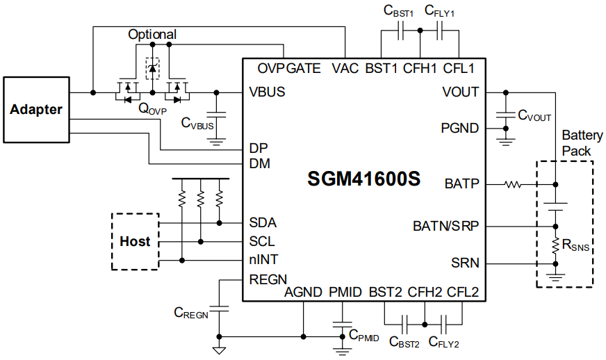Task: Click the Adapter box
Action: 36,109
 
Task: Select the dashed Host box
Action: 135,241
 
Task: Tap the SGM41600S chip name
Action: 364,179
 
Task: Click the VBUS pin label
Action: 267,92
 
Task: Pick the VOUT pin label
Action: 460,92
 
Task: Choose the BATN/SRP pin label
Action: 445,226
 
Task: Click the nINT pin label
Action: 264,260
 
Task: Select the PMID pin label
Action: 345,292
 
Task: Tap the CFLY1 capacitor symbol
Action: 440,31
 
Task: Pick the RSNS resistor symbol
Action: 555,245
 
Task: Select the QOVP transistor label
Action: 152,108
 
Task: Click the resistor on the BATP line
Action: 514,184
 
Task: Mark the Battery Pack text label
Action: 577,142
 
